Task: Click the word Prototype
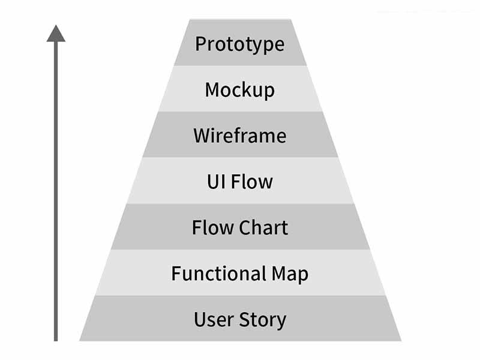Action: (240, 44)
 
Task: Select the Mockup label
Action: (240, 90)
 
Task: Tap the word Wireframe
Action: (240, 136)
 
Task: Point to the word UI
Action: (216, 181)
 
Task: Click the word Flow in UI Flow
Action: (252, 181)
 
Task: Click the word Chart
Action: (264, 227)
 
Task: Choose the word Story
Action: (262, 320)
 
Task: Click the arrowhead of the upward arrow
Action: (56, 34)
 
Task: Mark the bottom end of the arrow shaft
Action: (56, 339)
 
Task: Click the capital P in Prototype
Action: (200, 44)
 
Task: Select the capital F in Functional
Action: (176, 274)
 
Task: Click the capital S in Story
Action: (245, 319)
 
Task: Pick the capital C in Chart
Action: (245, 227)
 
